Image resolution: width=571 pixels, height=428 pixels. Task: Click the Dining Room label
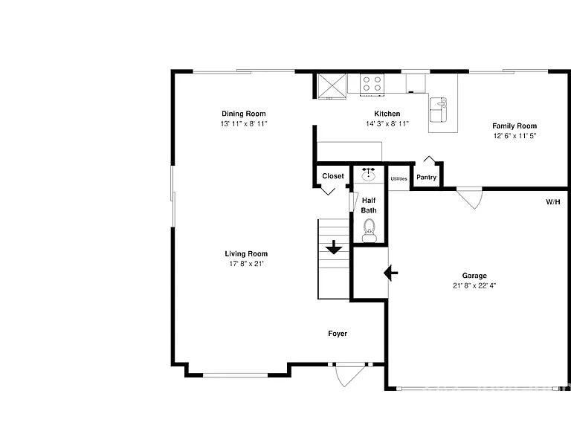tap(244, 114)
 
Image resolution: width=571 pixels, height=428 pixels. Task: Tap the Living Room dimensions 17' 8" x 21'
tap(246, 264)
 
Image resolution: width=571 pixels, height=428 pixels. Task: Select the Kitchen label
tap(387, 114)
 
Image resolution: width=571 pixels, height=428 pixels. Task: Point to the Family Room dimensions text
tap(514, 136)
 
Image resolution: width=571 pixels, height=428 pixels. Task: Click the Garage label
tap(474, 276)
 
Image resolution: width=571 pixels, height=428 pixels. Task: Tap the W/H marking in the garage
tap(553, 202)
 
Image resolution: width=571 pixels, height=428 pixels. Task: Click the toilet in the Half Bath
tap(369, 231)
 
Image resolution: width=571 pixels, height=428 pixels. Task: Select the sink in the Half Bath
tap(369, 175)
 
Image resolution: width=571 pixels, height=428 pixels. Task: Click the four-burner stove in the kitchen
tap(372, 85)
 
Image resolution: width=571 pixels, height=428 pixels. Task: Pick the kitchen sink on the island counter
tap(439, 109)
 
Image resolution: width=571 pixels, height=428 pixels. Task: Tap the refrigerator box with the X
tap(332, 86)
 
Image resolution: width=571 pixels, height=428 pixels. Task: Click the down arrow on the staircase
tap(334, 247)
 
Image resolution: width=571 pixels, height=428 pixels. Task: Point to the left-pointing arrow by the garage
tap(391, 273)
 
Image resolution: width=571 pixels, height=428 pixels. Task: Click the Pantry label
tap(427, 178)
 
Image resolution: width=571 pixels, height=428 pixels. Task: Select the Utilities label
tap(399, 178)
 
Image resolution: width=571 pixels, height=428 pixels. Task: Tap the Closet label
tap(333, 176)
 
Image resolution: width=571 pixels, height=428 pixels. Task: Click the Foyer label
tap(338, 334)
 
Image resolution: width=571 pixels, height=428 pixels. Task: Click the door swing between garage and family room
tap(471, 198)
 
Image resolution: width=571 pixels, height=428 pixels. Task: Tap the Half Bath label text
tap(369, 205)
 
